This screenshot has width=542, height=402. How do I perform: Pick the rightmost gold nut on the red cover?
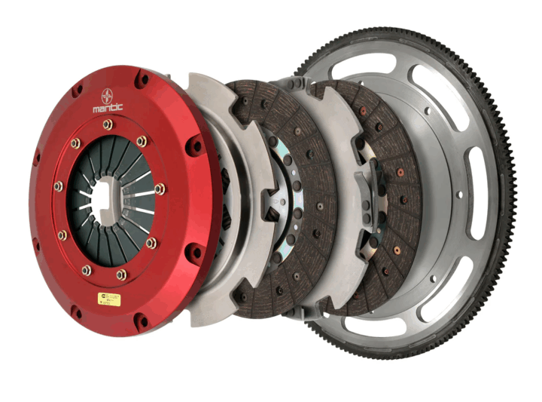[160, 189]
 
